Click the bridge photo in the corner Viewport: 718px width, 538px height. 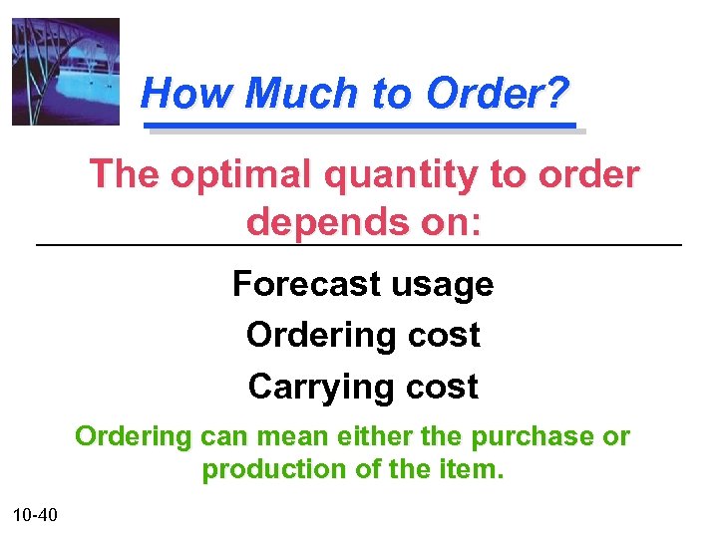[65, 72]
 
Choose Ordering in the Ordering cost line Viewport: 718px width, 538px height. [308, 336]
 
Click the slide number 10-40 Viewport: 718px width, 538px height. [36, 514]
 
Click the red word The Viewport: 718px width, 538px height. [124, 174]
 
